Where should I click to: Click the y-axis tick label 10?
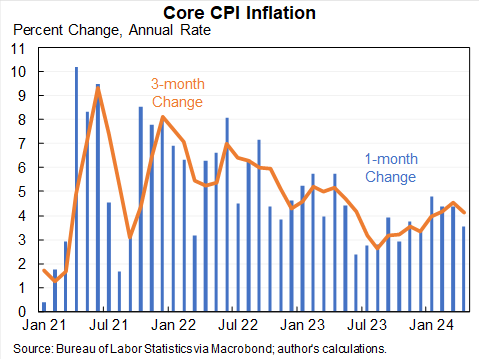pos(20,72)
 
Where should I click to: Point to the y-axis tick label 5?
pos(24,192)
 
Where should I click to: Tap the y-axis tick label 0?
pos(24,312)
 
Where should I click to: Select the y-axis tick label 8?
pos(24,120)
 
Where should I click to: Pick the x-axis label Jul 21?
pos(108,326)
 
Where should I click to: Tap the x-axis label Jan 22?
pos(174,326)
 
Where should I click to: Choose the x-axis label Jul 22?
pos(241,326)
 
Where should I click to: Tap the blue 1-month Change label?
pos(389,167)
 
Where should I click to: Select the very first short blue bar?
pos(43,306)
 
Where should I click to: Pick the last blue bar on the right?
pos(463,269)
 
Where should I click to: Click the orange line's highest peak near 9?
pos(98,90)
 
